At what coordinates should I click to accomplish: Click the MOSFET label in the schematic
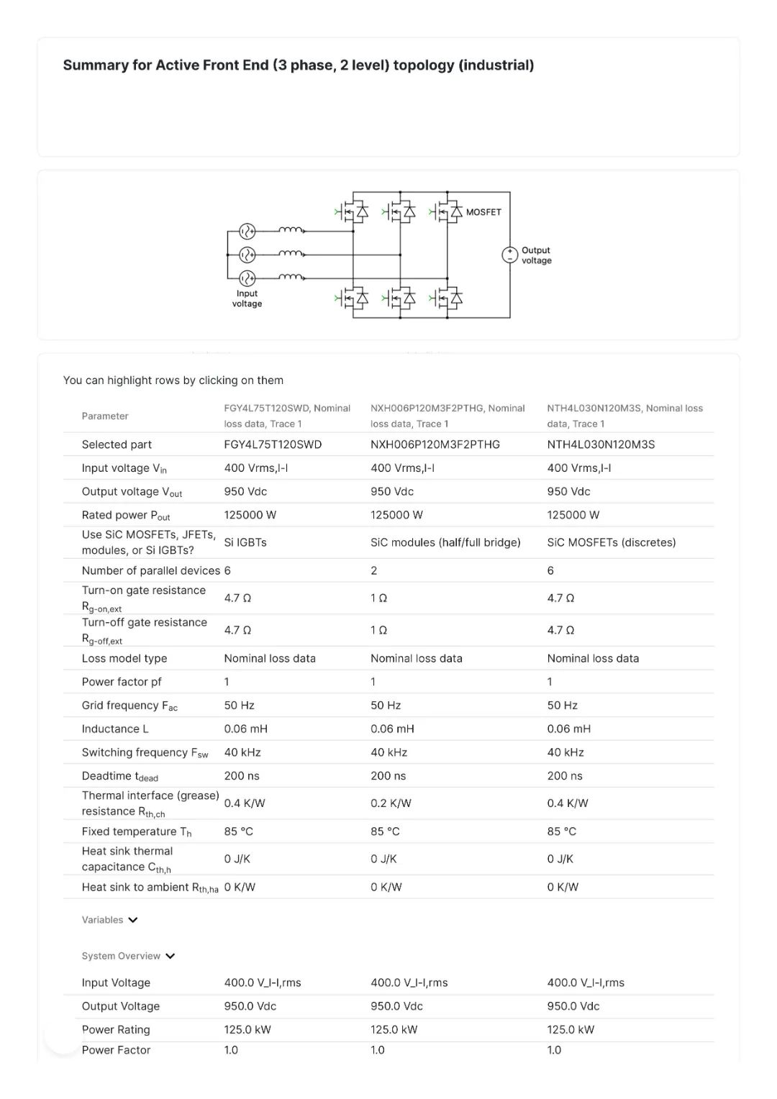click(483, 212)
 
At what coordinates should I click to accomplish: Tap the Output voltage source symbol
click(509, 255)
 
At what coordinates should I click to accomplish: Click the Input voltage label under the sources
click(247, 298)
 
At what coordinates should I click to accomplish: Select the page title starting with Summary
click(299, 65)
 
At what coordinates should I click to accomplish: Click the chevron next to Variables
click(133, 920)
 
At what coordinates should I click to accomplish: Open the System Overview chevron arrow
click(171, 956)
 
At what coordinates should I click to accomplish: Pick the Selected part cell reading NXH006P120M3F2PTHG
click(435, 444)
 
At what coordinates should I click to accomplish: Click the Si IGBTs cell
click(245, 542)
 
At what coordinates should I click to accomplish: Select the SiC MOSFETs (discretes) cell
click(611, 542)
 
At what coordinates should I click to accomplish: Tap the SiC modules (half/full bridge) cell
click(445, 542)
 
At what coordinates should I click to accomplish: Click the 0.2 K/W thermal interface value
click(391, 803)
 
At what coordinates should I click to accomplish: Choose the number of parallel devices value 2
click(374, 570)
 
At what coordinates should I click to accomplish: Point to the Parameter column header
click(105, 416)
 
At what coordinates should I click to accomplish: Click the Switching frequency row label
click(145, 752)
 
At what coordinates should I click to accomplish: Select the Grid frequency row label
click(129, 706)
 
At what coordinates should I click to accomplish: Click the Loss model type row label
click(124, 658)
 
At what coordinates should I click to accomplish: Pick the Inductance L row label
click(115, 729)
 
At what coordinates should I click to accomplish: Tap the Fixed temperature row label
click(137, 831)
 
